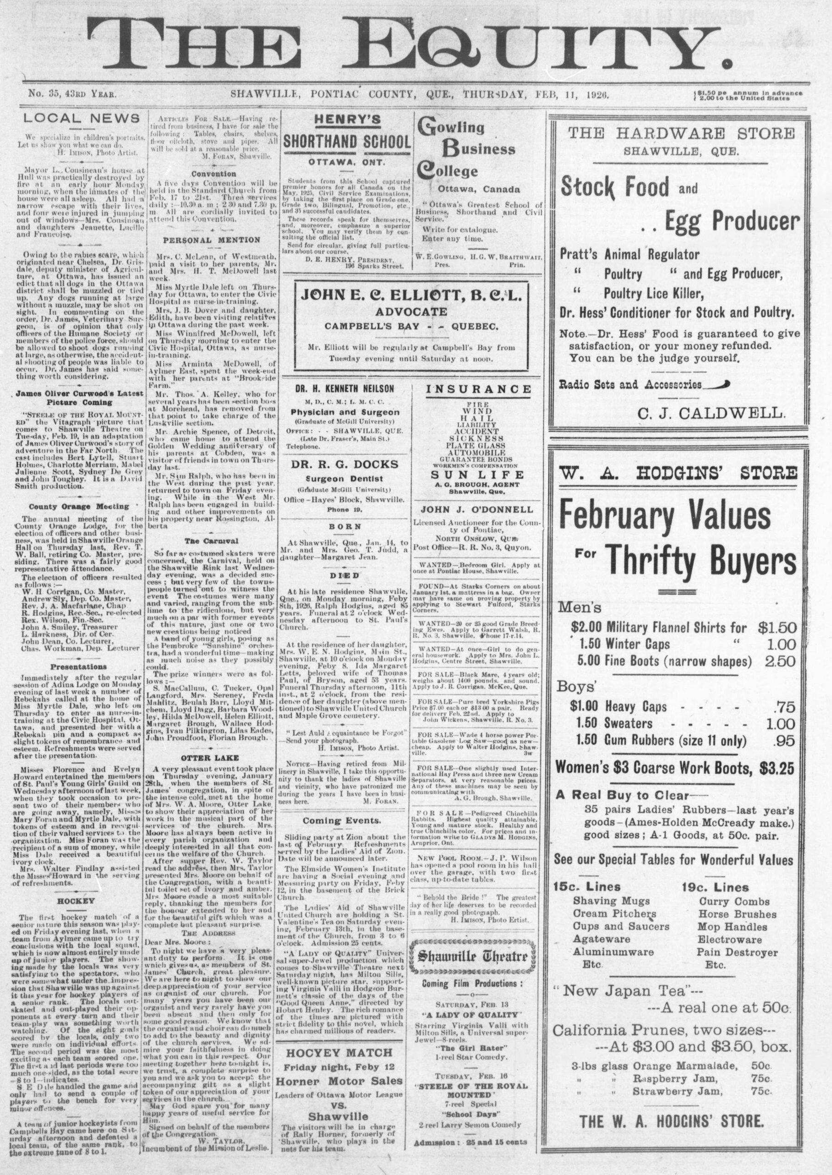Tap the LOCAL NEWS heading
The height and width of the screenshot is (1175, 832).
[82, 118]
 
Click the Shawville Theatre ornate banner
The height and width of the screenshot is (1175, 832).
[474, 956]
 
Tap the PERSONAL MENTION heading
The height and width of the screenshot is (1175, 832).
[212, 240]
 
